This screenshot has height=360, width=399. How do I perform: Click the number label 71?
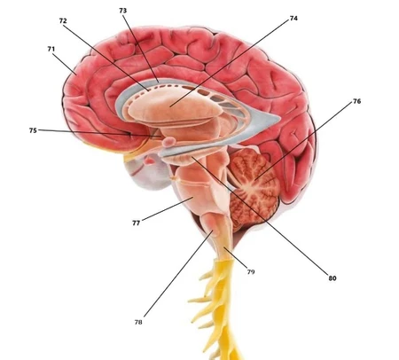pos(51,49)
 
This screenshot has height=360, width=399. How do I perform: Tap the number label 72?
pos(63,20)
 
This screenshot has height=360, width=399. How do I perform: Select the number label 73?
pos(123,11)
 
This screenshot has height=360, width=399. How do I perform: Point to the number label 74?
pos(293,19)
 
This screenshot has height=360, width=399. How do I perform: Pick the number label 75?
pos(33,130)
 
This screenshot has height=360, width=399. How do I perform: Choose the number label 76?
pos(357,101)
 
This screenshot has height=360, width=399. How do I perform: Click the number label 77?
pos(136,223)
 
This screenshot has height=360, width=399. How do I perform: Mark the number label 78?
pos(138,322)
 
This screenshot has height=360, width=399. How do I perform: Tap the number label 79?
pos(251,272)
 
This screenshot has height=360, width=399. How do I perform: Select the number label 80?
pos(332,278)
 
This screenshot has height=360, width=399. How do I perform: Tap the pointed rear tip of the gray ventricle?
pos(278,119)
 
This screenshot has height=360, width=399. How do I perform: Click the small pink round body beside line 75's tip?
pos(168,142)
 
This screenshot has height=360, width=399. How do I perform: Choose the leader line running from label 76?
pos(304,141)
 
